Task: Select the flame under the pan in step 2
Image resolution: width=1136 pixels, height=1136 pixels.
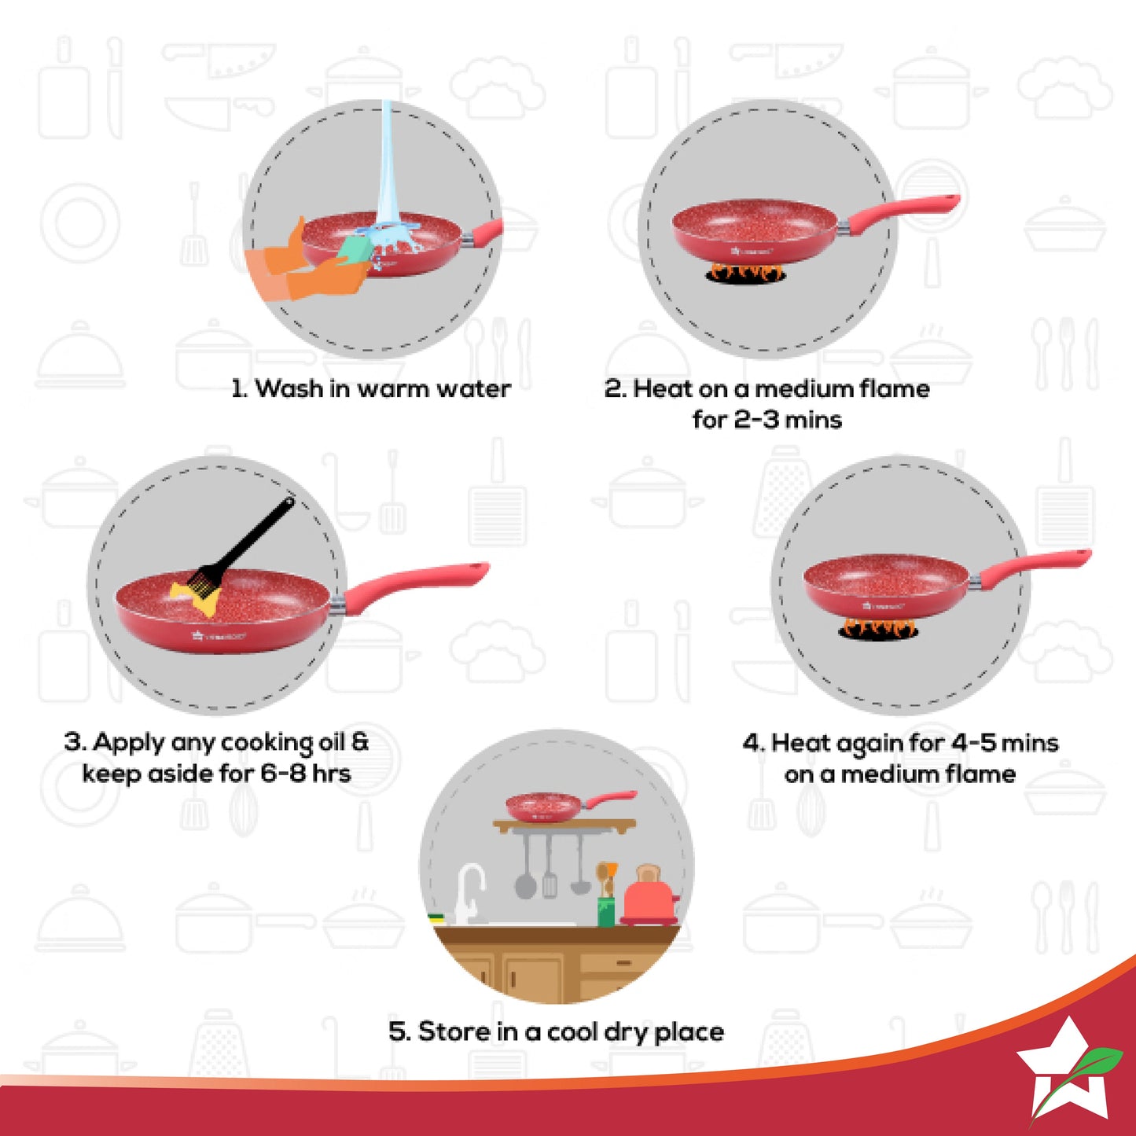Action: click(x=744, y=274)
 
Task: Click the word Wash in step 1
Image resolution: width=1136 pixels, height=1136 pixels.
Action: click(x=289, y=388)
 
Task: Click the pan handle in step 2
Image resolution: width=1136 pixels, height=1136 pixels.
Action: click(x=904, y=212)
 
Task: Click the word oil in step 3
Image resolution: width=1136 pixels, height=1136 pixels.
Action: click(x=332, y=743)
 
